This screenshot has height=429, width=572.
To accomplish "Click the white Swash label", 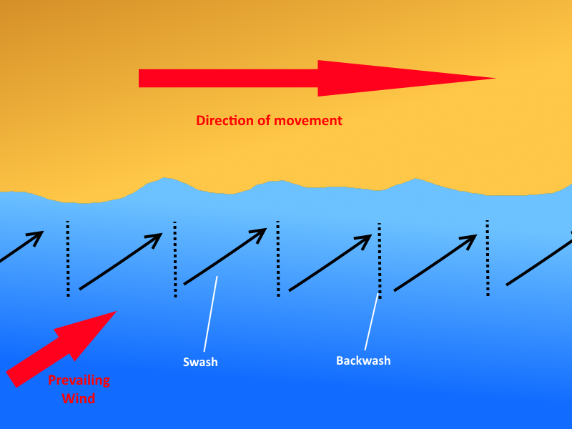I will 200,362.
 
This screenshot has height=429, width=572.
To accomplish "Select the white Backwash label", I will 363,360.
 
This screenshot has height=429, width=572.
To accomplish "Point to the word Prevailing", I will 79,380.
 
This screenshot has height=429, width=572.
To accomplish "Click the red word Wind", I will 79,398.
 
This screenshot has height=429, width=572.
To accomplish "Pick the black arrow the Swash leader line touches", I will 225,257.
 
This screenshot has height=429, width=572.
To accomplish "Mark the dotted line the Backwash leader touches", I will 380,260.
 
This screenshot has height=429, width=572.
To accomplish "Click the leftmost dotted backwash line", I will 68,257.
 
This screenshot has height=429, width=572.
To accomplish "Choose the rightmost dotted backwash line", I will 488,257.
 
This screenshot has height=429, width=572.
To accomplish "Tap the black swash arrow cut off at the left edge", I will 21,247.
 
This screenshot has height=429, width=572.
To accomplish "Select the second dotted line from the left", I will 175,259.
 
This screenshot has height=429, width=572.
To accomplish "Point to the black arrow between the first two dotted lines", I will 120,262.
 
